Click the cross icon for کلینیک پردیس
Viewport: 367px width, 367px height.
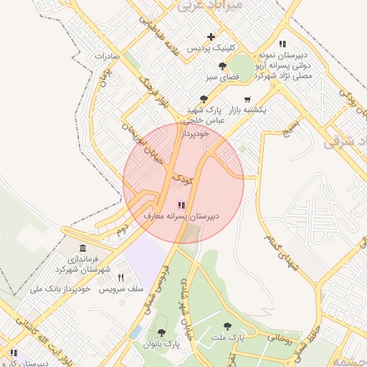(x=211, y=37)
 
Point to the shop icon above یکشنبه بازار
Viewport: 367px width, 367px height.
(x=247, y=99)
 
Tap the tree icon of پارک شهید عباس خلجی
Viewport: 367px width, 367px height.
(x=204, y=99)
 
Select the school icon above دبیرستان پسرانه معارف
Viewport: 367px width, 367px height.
(x=180, y=205)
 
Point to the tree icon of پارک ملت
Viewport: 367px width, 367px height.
(x=227, y=326)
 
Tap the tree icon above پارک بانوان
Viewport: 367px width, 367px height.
(x=161, y=333)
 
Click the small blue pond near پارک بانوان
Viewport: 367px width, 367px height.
(x=136, y=333)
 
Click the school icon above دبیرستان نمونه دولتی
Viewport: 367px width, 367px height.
(x=283, y=44)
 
